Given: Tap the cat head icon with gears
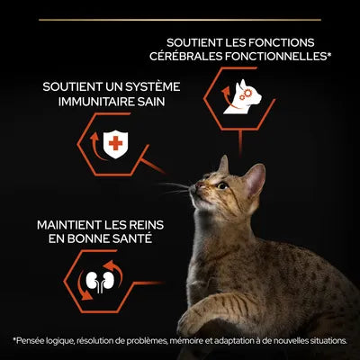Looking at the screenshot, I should [241, 90].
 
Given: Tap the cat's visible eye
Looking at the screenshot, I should [221, 185].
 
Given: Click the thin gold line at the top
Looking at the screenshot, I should [180, 18].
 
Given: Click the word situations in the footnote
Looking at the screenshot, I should [324, 340].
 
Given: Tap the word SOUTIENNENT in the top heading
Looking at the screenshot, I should [200, 41].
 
